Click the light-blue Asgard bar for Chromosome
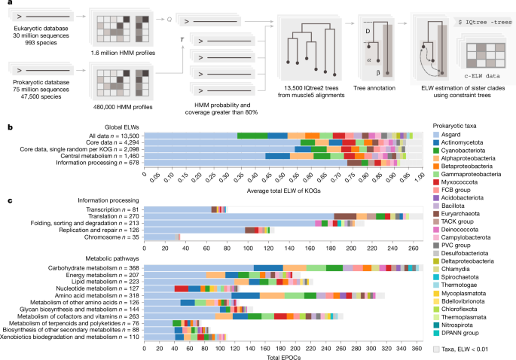pyautogui.click(x=159, y=237)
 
